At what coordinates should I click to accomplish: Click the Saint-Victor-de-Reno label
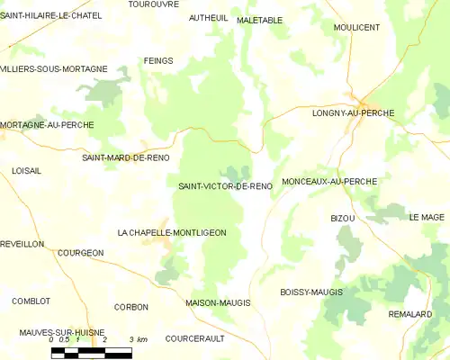click(x=225, y=186)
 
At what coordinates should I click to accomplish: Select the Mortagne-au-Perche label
click(x=47, y=125)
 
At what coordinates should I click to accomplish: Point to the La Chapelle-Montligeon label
click(x=172, y=232)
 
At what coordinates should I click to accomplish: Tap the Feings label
click(x=157, y=61)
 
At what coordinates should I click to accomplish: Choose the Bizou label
click(x=343, y=219)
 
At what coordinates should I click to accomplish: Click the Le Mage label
click(x=427, y=217)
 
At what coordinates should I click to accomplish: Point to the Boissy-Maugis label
click(x=311, y=292)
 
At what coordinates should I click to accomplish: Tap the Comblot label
click(x=31, y=301)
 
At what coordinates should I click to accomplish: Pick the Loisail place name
click(x=27, y=170)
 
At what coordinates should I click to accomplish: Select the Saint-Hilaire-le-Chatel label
click(x=50, y=15)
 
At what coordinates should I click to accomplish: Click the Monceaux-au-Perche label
click(x=328, y=182)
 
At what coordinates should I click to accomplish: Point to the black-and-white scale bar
click(x=91, y=353)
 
